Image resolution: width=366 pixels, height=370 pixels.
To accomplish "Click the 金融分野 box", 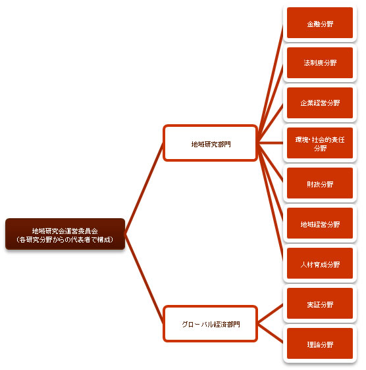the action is tap(320, 23).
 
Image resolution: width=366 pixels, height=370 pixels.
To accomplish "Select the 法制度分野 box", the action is tap(320, 63).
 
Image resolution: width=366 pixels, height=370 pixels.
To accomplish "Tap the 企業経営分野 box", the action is tap(320, 103).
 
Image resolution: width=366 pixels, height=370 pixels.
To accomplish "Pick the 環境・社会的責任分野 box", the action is tap(320, 143).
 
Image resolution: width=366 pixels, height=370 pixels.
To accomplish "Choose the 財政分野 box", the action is tap(320, 183).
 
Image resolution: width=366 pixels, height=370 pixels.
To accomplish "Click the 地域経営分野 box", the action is tap(320, 223).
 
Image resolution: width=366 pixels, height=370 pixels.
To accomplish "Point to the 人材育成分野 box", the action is tap(320, 264).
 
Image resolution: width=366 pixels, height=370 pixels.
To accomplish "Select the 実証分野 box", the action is tap(320, 304).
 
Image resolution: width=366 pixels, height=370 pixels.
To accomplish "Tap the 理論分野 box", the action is tap(320, 344).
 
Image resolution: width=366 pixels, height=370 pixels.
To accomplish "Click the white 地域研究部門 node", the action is tap(210, 143).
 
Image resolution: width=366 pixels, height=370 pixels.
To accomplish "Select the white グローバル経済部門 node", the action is tap(210, 324).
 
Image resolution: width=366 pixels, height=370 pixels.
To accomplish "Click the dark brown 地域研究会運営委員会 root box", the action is tap(65, 234).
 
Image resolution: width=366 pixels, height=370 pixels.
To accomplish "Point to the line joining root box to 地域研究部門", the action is tap(144, 189).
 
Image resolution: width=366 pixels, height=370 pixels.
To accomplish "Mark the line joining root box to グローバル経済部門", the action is tap(144, 279).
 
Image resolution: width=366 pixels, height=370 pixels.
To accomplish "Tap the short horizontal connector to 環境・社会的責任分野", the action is tap(271, 143).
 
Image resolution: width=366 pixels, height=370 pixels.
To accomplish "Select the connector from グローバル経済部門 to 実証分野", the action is tap(271, 313).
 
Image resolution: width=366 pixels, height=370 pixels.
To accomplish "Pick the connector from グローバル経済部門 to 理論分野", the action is tap(271, 333).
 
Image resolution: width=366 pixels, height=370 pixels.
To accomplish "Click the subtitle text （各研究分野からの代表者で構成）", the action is tap(65, 240).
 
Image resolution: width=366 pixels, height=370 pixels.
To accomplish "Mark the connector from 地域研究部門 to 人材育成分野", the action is tap(271, 203).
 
